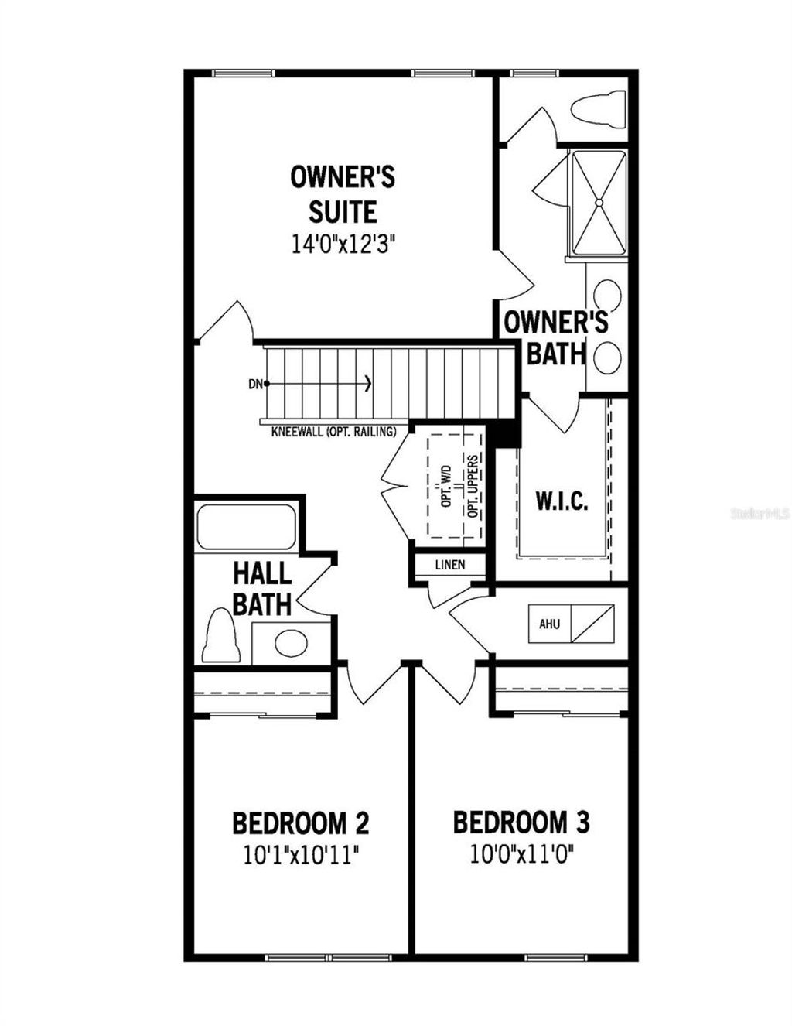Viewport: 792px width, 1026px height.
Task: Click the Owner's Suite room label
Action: coord(343,194)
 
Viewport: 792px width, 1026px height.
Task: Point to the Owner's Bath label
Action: coord(556,337)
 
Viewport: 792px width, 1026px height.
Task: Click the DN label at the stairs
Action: coord(254,383)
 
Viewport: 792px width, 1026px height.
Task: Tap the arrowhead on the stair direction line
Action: coord(368,383)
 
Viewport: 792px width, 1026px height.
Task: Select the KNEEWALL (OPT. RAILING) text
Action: coord(334,432)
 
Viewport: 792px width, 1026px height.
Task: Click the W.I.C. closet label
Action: coord(562,501)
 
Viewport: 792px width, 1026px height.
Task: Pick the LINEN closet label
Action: coord(450,565)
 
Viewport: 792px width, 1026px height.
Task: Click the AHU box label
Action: coord(550,624)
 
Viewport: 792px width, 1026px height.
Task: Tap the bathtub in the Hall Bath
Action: coord(246,527)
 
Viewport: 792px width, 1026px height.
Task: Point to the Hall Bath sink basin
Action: coord(292,642)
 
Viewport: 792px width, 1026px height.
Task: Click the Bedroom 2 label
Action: coord(300,823)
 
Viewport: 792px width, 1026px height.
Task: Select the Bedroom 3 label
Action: coord(521,823)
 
